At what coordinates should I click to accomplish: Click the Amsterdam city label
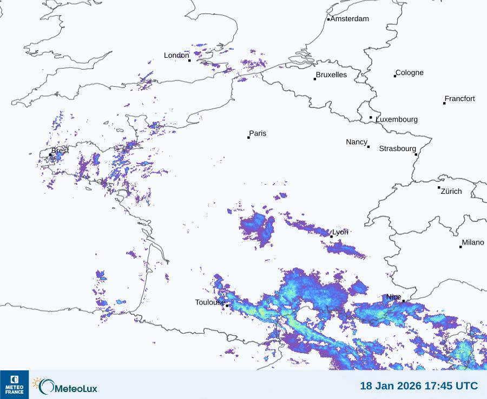[350, 19]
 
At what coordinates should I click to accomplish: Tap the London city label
[176, 55]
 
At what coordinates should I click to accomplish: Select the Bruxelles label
[331, 75]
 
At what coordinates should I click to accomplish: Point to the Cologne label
[410, 73]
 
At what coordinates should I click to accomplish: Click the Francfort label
[459, 99]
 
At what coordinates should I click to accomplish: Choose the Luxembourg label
[397, 119]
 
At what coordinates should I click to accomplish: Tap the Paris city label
[258, 133]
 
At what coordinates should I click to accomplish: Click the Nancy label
[357, 142]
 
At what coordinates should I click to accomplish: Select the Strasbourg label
[397, 148]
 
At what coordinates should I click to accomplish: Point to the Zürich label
[451, 191]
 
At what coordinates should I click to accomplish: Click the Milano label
[473, 242]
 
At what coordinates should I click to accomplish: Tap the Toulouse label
[210, 302]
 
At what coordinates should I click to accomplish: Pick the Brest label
[60, 151]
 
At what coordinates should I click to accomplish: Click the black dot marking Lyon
[332, 236]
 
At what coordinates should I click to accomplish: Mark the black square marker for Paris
[248, 138]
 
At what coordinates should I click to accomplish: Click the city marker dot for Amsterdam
[328, 19]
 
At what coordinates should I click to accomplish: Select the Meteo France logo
[14, 384]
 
